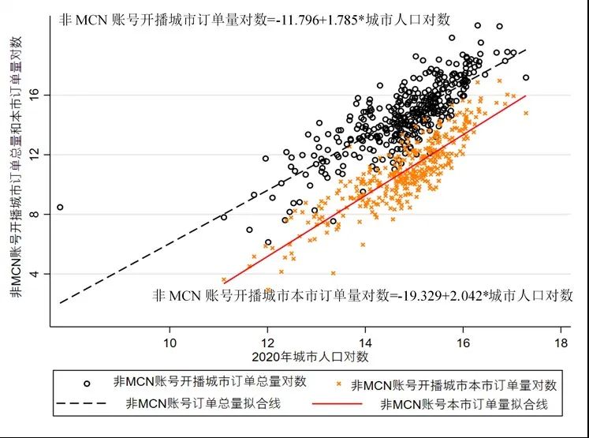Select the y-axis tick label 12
click(39, 155)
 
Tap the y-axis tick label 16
click(39, 95)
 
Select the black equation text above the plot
click(254, 21)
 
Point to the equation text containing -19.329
click(362, 296)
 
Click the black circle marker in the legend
click(87, 383)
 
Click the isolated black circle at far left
click(60, 207)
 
